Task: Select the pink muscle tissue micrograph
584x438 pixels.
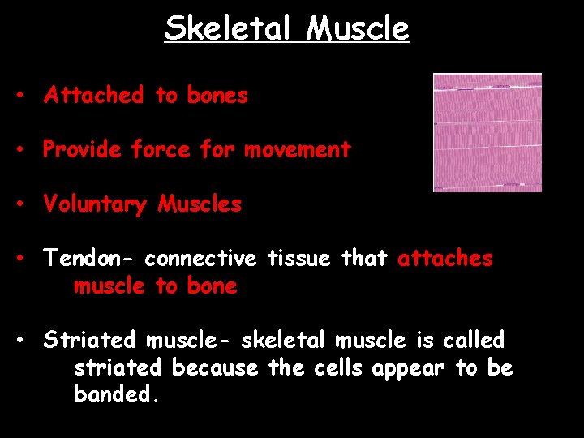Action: coord(487,132)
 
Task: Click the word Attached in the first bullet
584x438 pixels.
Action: coord(93,96)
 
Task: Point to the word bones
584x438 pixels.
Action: coord(217,96)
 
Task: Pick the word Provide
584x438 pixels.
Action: coord(83,150)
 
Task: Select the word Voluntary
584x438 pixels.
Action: coord(96,204)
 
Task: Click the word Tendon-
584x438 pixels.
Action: coord(89,259)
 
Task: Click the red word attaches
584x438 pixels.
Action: coord(445,259)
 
